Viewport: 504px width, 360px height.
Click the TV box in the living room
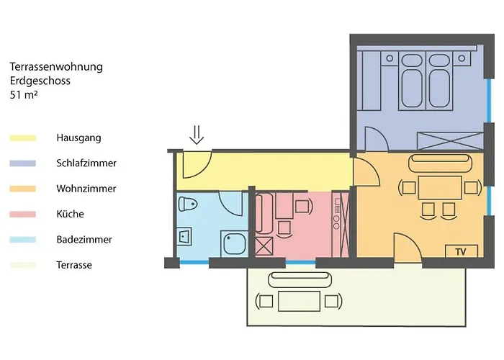[x=462, y=251]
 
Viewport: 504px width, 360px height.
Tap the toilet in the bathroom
[x=188, y=204]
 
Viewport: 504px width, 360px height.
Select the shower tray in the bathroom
[x=234, y=243]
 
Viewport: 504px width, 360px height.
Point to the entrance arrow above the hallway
[x=197, y=135]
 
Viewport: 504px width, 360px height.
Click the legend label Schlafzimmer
[x=86, y=163]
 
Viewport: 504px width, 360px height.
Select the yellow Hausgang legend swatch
[x=23, y=138]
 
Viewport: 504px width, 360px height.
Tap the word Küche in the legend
[x=70, y=214]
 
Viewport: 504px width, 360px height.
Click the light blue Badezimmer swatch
[x=23, y=240]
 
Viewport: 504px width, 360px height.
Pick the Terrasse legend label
[x=74, y=265]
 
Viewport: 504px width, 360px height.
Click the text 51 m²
[x=24, y=95]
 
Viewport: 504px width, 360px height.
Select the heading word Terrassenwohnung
[x=56, y=67]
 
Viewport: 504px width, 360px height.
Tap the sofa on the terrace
[x=300, y=279]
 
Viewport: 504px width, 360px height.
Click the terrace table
[x=299, y=301]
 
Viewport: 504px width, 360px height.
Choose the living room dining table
[x=440, y=187]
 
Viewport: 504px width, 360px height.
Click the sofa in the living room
[x=440, y=163]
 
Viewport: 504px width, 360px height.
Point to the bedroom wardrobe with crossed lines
[x=450, y=141]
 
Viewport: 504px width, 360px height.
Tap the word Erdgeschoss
[x=40, y=81]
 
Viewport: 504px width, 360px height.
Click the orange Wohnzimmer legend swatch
[x=23, y=189]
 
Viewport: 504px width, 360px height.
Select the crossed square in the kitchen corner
[x=264, y=246]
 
